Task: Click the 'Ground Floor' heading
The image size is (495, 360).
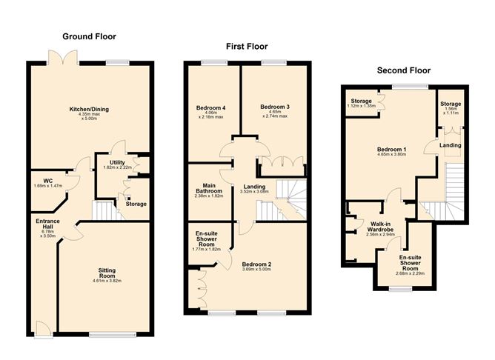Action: [x=89, y=36]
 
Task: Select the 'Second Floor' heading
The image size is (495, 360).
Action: [x=404, y=71]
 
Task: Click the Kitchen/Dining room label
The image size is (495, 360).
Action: [x=89, y=110]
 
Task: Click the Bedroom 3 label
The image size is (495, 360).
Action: [x=274, y=107]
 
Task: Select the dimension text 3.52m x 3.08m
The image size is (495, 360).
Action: [x=256, y=192]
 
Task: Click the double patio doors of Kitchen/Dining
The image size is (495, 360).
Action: [x=60, y=56]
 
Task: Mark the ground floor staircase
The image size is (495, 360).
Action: [x=107, y=211]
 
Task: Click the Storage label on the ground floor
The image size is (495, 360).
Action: [x=136, y=204]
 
